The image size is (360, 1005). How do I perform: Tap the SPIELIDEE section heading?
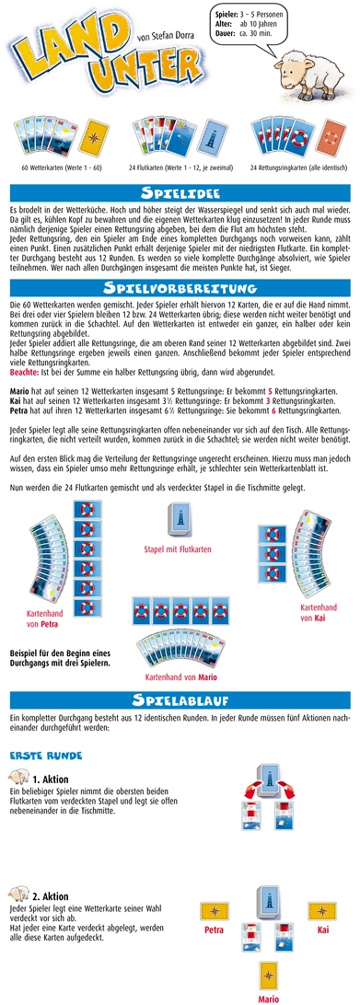pyautogui.click(x=180, y=194)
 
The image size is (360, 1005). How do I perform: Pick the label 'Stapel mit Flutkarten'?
pyautogui.click(x=180, y=577)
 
